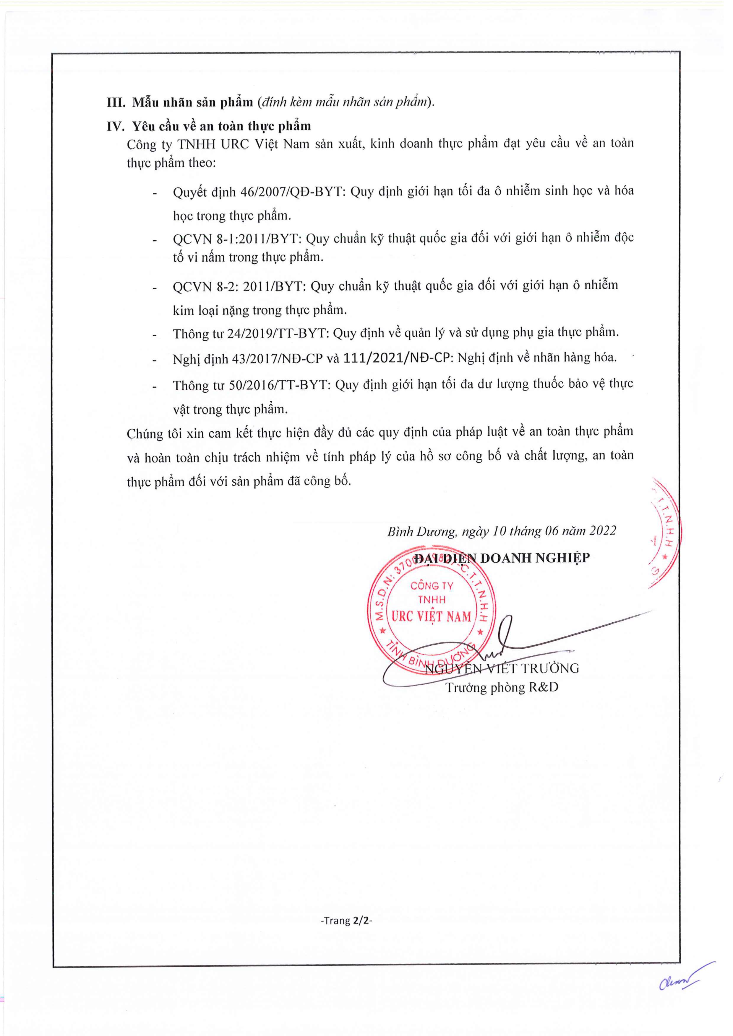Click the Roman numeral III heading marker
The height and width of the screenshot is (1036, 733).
[x=116, y=102]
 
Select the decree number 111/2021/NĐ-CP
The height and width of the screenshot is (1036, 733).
[x=398, y=358]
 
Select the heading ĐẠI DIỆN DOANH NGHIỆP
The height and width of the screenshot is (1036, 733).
[x=502, y=558]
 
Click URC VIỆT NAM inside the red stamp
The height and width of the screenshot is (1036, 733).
[x=431, y=616]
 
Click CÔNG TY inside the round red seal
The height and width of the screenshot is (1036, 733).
[x=431, y=586]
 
